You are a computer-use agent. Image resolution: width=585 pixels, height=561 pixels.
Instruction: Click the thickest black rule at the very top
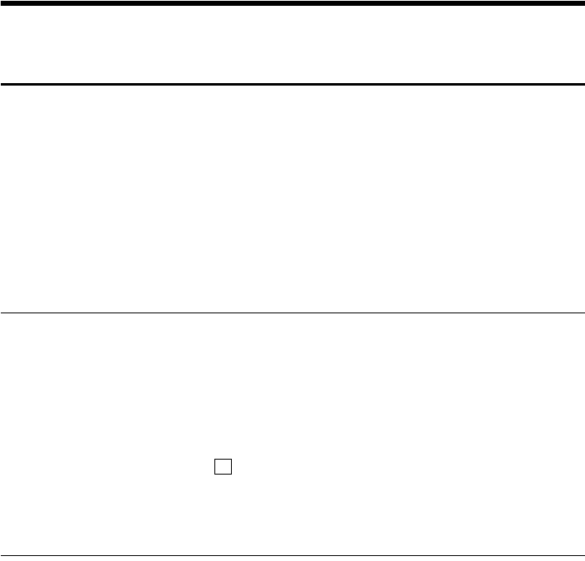(x=292, y=2)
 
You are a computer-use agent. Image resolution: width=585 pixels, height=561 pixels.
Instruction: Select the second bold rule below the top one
(x=292, y=84)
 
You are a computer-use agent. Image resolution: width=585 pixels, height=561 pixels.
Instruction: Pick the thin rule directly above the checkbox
(x=292, y=312)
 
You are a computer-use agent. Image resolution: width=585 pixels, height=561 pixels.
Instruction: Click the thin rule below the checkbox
(x=292, y=554)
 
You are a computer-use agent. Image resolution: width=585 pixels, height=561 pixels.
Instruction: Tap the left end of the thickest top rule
(x=2, y=2)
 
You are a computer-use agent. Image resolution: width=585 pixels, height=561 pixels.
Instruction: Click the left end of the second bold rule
(x=2, y=84)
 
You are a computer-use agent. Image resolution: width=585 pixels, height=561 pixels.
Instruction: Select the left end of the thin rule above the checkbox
(x=2, y=312)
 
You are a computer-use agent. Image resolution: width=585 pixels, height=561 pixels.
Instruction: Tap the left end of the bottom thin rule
(x=2, y=554)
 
